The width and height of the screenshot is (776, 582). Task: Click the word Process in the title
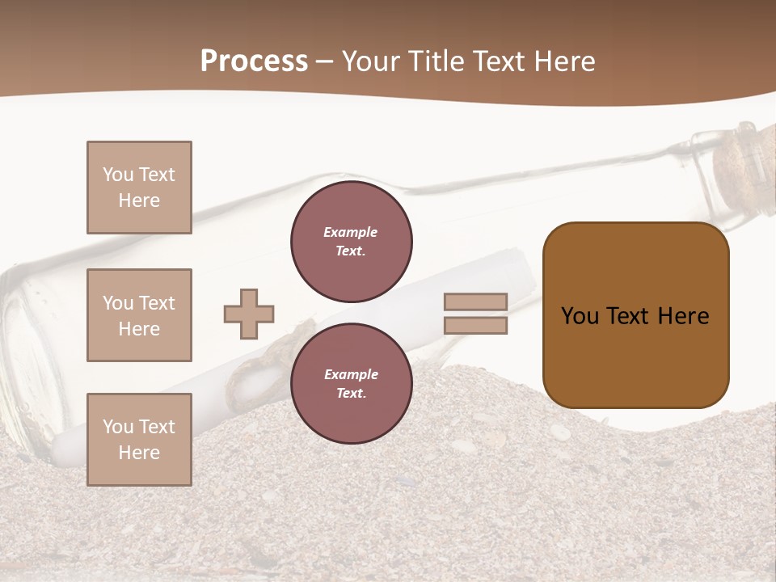(x=254, y=61)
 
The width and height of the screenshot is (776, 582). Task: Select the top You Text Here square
(x=139, y=188)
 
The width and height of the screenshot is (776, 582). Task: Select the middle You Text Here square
(x=139, y=315)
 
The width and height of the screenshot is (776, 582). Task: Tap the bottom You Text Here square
(x=139, y=440)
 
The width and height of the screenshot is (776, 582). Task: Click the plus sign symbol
(x=249, y=314)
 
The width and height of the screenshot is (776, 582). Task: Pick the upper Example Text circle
(x=352, y=242)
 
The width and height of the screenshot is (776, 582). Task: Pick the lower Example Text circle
(x=352, y=384)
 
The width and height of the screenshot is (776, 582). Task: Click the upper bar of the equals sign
(x=475, y=302)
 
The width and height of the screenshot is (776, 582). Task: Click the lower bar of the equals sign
(x=475, y=326)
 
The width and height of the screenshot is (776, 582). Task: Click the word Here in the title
(x=564, y=61)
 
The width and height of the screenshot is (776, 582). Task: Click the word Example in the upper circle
(x=350, y=232)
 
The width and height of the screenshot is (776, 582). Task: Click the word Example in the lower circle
(x=351, y=374)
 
